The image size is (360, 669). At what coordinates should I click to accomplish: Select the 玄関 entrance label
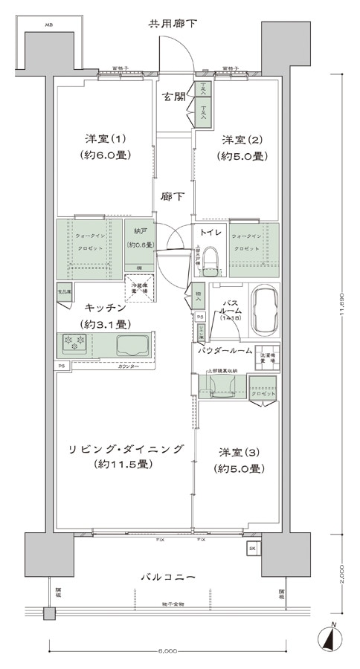(175, 97)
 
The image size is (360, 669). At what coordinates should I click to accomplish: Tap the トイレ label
(210, 231)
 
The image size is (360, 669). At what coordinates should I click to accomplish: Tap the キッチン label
(104, 307)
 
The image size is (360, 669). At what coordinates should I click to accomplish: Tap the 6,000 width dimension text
(167, 651)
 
